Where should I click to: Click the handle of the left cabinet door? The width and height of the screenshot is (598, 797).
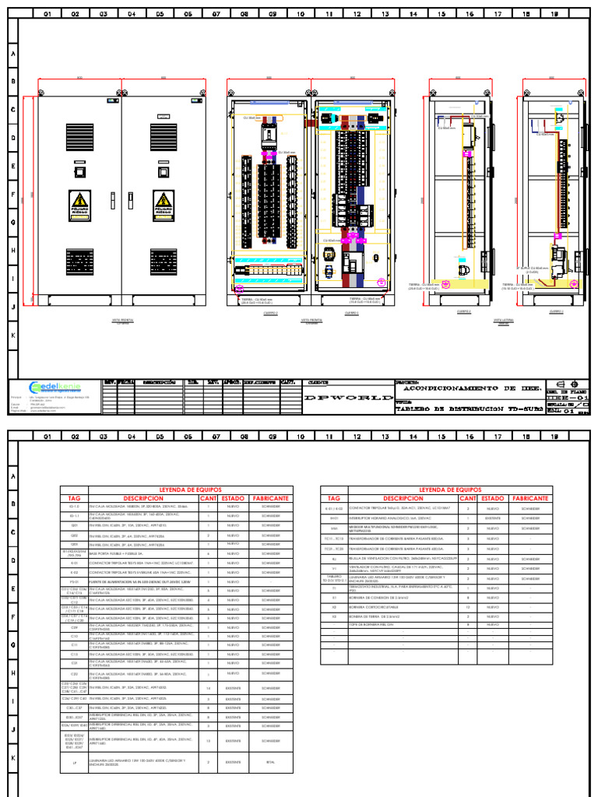[x=111, y=201]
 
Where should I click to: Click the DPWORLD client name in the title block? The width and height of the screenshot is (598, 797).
[x=346, y=398]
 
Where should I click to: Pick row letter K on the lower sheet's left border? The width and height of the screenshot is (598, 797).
[x=12, y=757]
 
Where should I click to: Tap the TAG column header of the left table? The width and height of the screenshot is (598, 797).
[x=75, y=498]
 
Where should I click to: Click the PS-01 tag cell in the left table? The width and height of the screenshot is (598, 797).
[x=75, y=581]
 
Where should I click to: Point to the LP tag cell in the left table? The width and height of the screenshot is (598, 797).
[x=75, y=762]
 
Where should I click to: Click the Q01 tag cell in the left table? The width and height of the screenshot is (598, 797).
[x=75, y=525]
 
